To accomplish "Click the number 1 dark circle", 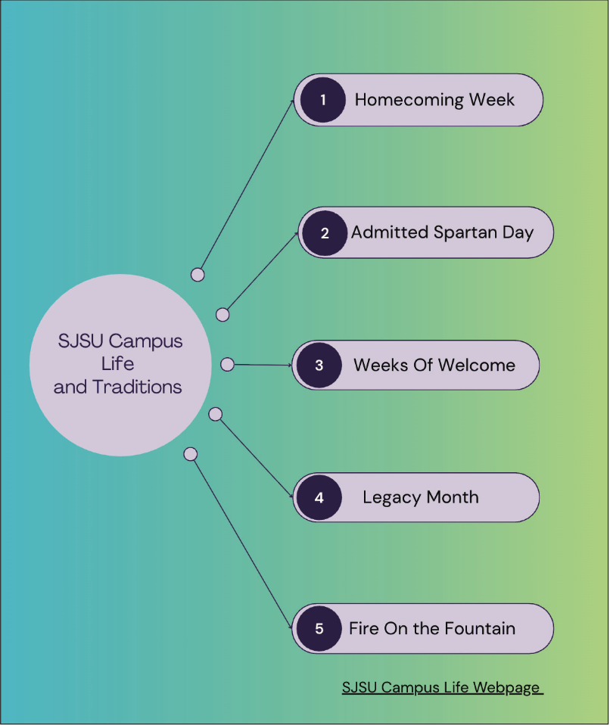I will point(322,99).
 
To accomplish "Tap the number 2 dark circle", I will point(325,232).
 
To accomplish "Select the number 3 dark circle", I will point(319,365).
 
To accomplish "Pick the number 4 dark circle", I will point(319,497).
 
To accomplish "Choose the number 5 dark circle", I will point(319,628).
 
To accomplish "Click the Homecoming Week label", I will point(434,100).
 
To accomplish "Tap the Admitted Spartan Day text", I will point(442,232).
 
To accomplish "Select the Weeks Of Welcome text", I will point(434,366).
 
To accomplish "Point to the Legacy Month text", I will point(420,497).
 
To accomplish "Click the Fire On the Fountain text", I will point(431,628).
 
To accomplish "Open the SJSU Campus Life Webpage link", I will point(442,687).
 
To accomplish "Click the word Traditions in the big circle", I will point(137,387).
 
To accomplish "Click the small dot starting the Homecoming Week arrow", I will point(198,275).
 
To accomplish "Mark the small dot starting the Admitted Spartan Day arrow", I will point(223,314).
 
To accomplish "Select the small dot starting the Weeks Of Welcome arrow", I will point(227,364).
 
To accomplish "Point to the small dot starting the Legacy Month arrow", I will point(215,414).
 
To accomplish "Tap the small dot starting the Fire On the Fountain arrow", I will point(191,454).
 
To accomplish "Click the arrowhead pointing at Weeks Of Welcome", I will point(288,365).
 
